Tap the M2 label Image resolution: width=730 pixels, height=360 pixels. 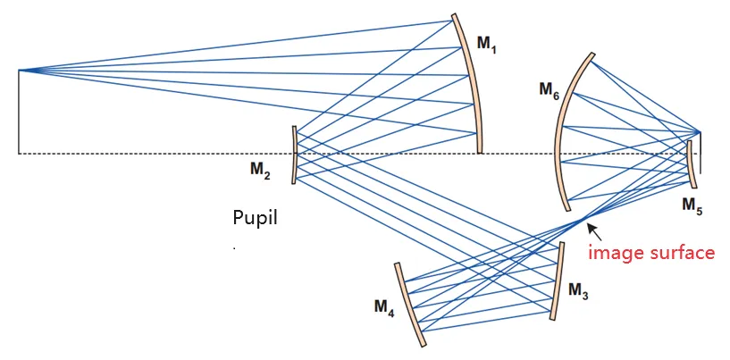(261, 172)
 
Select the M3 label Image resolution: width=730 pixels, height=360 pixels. (578, 292)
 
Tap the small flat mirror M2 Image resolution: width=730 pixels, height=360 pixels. (293, 155)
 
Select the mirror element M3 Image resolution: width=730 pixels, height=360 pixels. (558, 281)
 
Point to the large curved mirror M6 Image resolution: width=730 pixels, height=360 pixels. (565, 125)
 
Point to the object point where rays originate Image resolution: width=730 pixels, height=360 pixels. (19, 70)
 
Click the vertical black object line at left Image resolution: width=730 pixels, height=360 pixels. (19, 112)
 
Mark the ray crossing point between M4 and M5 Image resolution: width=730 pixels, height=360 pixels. (583, 219)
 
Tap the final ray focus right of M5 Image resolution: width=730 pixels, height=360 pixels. (700, 134)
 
